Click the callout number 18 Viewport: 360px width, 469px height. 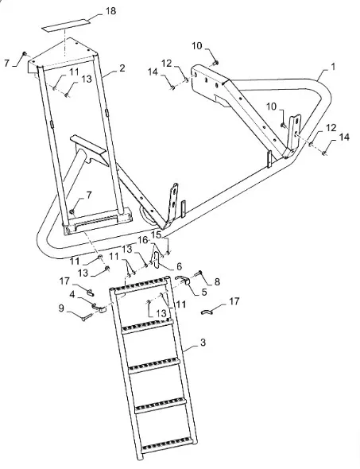pyautogui.click(x=110, y=11)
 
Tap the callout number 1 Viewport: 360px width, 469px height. pyautogui.click(x=333, y=66)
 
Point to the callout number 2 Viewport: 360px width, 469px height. pyautogui.click(x=122, y=68)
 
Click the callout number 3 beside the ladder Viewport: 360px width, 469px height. pyautogui.click(x=203, y=342)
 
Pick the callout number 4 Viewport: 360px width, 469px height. pyautogui.click(x=72, y=294)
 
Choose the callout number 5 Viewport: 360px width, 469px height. pyautogui.click(x=204, y=292)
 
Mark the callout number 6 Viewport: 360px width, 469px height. pyautogui.click(x=179, y=266)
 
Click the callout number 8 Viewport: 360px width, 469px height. pyautogui.click(x=217, y=281)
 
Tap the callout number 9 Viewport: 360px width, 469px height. pyautogui.click(x=61, y=308)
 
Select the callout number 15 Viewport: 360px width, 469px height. pyautogui.click(x=157, y=234)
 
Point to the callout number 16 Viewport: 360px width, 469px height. pyautogui.click(x=143, y=240)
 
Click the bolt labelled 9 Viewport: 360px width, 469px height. pyautogui.click(x=87, y=316)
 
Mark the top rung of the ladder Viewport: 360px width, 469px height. pyautogui.click(x=138, y=285)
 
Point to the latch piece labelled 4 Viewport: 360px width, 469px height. pyautogui.click(x=99, y=308)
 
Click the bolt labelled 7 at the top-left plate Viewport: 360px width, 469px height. pyautogui.click(x=25, y=53)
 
